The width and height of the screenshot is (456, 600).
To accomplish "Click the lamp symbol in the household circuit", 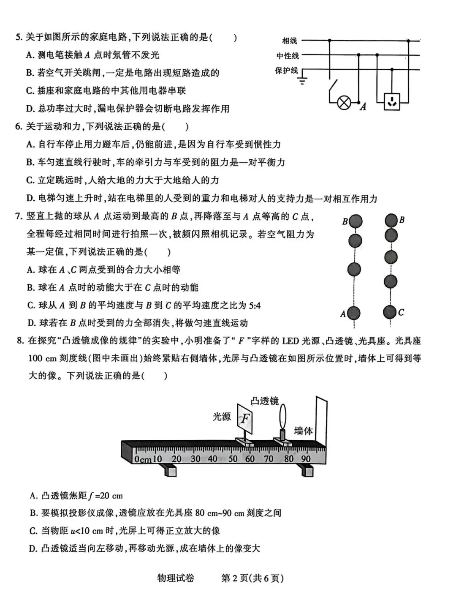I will [345, 103].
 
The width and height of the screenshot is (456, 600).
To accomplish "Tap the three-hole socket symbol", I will [392, 101].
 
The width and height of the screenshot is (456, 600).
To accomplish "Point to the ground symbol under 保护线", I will [302, 80].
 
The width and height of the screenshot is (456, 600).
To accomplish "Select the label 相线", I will [290, 41].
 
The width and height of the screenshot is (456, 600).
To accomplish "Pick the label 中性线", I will [288, 56].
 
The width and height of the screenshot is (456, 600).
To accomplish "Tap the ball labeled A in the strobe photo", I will [353, 313].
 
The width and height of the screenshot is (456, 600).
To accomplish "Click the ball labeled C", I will [390, 312].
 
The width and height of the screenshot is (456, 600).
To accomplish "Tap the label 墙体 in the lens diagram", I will [303, 431].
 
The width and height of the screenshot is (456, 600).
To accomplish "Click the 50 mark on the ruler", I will [233, 458].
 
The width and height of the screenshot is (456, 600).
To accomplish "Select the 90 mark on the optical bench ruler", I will [305, 458].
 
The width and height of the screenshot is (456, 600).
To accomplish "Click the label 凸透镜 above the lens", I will [265, 401].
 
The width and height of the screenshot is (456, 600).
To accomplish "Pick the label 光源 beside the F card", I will [222, 417].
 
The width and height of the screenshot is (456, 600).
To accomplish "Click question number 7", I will [19, 217].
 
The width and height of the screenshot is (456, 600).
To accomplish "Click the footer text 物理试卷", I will [176, 578].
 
